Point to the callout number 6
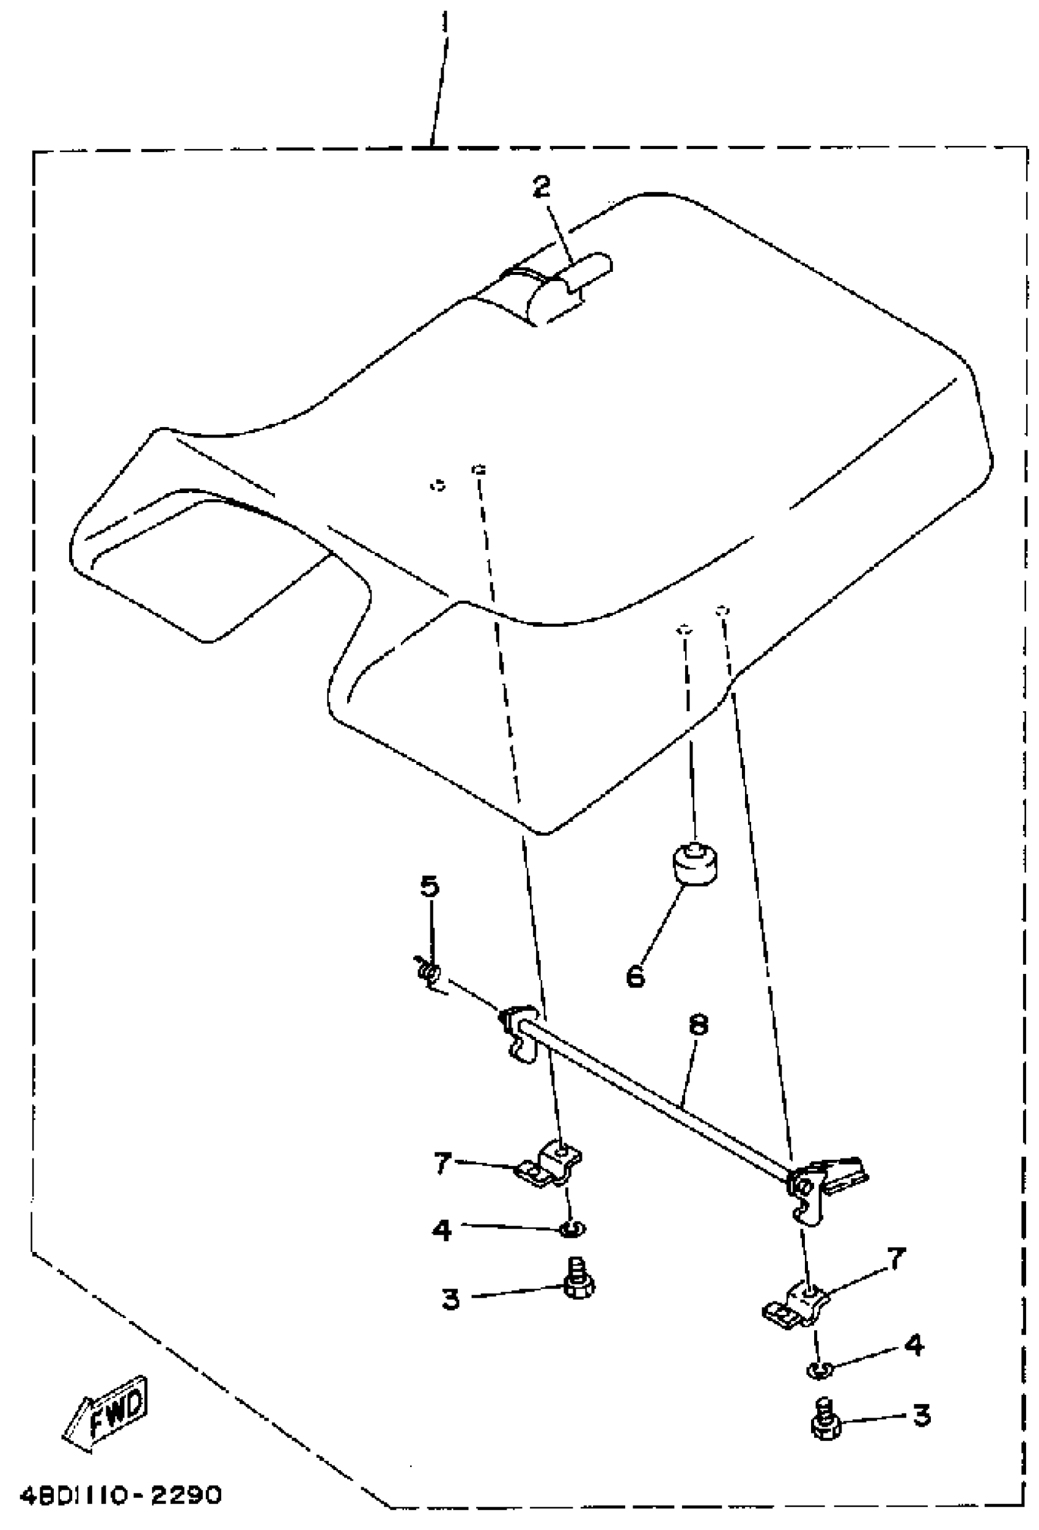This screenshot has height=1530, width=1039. pos(636,976)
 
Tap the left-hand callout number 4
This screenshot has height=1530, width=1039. pos(442,1229)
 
